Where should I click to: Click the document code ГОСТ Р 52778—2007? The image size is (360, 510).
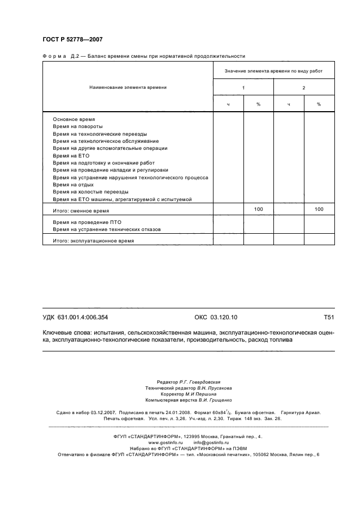72,39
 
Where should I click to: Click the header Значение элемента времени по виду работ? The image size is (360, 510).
274,71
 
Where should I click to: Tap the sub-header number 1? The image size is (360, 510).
243,88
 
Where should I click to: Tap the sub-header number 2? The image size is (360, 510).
303,88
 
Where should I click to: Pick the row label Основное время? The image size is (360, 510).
74,119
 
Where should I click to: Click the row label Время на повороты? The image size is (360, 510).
78,126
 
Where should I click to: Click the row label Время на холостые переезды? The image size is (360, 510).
90,192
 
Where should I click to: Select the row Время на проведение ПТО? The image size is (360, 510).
87,222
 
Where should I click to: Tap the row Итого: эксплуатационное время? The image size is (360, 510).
93,240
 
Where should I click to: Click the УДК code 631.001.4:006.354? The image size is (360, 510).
79,317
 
